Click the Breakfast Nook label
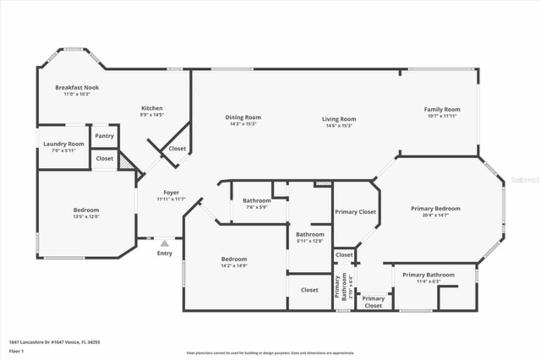tap(77, 87)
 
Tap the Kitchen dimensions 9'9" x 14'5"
tap(151, 115)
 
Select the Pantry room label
tap(104, 136)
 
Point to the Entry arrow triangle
tap(164, 243)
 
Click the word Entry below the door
tap(164, 253)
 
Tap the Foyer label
tap(171, 193)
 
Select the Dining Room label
tap(243, 117)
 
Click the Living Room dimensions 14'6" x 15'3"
tap(339, 125)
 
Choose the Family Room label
tap(442, 109)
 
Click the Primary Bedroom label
tap(435, 208)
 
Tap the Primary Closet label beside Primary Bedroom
tap(355, 212)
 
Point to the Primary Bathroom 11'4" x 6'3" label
tap(428, 275)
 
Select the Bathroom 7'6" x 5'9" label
tap(257, 201)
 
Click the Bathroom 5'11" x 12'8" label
tap(310, 235)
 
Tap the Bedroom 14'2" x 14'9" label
tap(234, 259)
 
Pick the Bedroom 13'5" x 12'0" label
tap(86, 210)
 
